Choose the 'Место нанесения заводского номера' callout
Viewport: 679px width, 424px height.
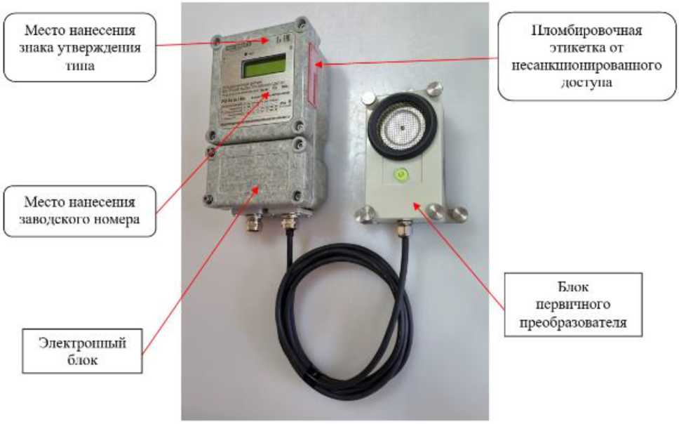pos(79,208)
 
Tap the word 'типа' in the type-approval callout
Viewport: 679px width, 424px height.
pos(79,65)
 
